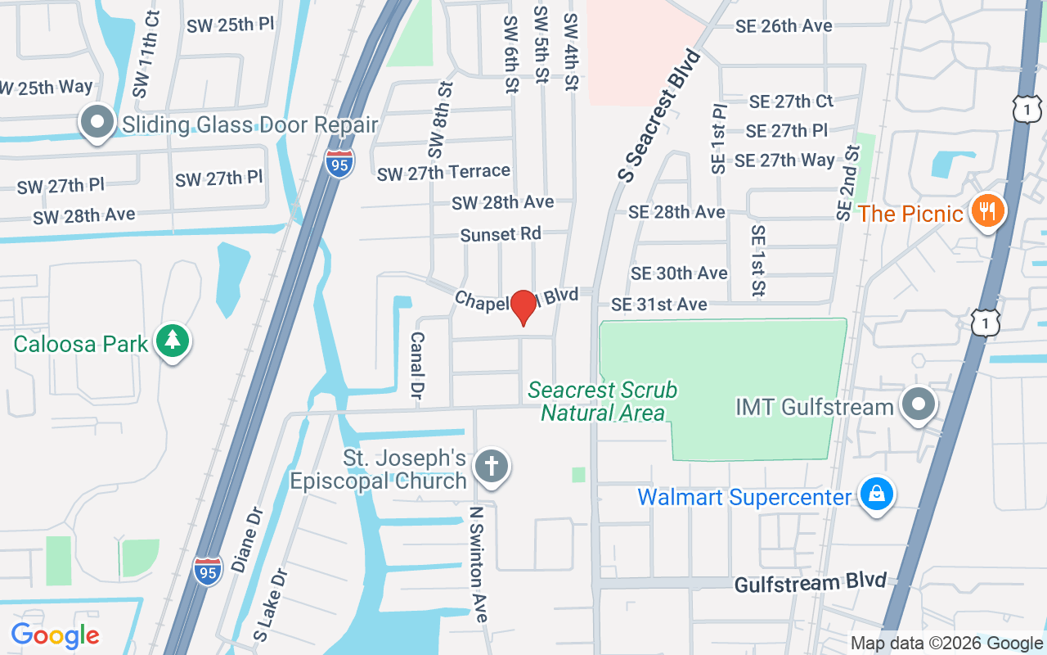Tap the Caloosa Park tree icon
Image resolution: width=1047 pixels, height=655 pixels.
[172, 341]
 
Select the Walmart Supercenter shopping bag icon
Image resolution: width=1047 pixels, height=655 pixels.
[876, 495]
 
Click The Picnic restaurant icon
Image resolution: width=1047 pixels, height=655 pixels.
[988, 211]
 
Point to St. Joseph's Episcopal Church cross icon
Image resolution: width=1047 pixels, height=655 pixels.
[492, 467]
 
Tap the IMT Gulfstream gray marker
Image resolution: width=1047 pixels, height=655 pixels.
[918, 404]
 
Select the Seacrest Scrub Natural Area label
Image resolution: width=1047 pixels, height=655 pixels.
[603, 401]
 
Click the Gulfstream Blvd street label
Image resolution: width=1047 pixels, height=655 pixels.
[810, 583]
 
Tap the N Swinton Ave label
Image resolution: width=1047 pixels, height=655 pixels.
[477, 564]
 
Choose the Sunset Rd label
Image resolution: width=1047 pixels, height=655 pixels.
[501, 234]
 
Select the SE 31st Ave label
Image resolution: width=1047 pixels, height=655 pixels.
[659, 305]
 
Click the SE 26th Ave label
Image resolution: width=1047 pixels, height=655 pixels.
[784, 25]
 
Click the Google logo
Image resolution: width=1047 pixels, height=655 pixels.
[55, 635]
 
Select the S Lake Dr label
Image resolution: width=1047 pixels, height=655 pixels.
[272, 605]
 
